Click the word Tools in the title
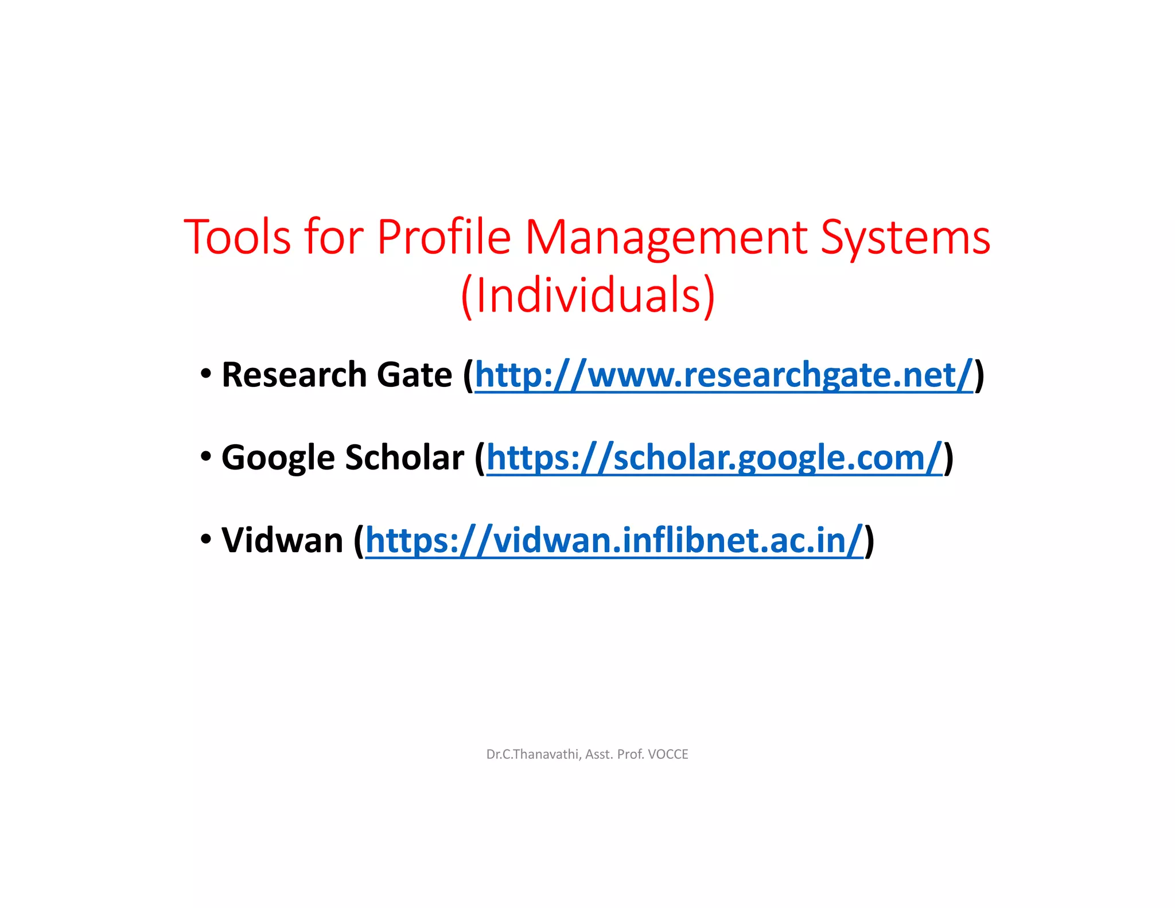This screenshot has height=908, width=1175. click(238, 237)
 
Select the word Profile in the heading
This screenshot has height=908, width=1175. click(443, 237)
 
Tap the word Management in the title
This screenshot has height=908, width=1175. click(667, 237)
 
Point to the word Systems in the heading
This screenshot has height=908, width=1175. click(905, 237)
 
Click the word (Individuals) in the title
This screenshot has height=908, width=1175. click(587, 296)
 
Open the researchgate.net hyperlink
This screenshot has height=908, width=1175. click(724, 375)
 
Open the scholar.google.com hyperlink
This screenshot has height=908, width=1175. click(714, 458)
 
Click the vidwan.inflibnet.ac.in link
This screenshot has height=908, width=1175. click(614, 541)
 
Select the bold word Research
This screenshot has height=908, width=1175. click(294, 375)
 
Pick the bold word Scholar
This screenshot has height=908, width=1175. click(404, 458)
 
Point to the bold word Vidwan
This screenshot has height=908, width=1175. click(282, 541)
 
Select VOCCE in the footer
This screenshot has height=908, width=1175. click(667, 754)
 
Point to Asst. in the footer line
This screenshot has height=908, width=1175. click(599, 754)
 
